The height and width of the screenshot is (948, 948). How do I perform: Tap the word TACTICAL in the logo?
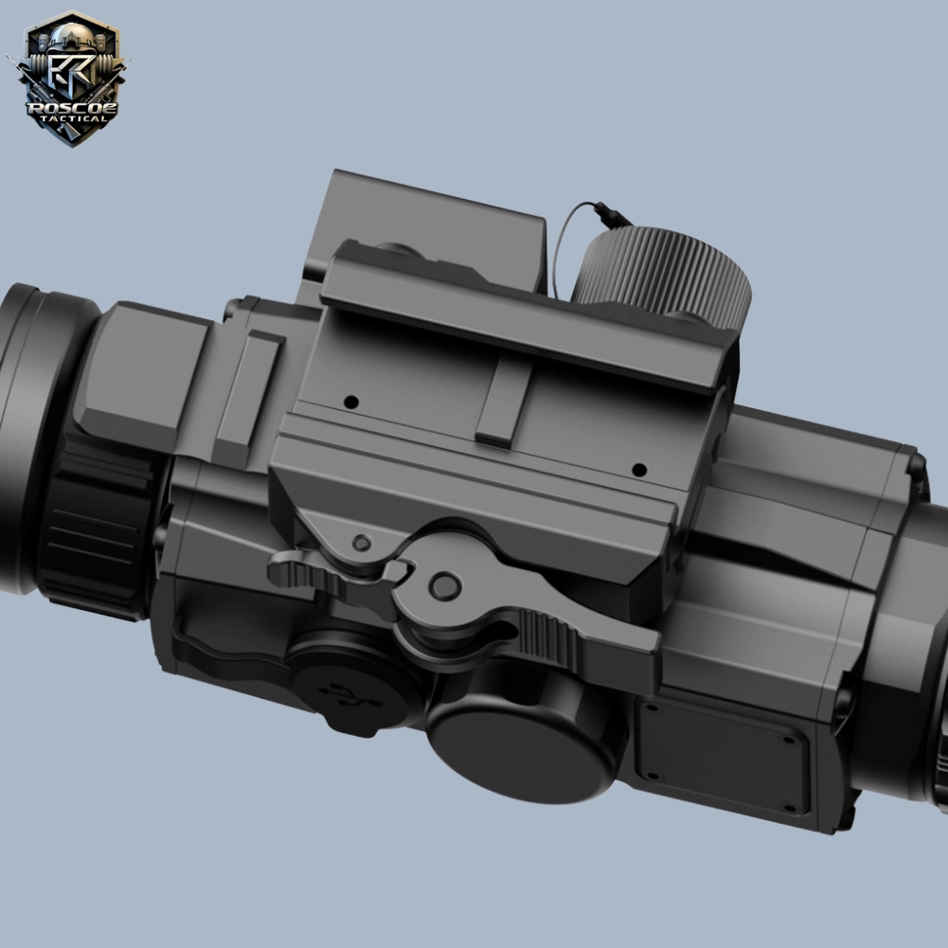pyautogui.click(x=73, y=118)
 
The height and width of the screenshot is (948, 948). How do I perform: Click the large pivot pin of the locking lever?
pyautogui.click(x=445, y=585)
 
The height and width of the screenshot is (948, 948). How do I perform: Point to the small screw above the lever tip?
pyautogui.click(x=362, y=543)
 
